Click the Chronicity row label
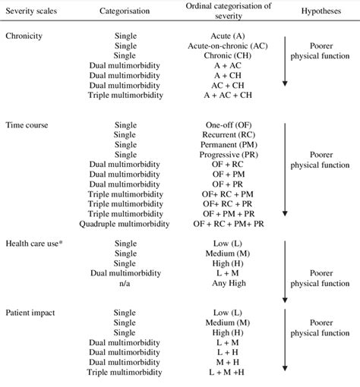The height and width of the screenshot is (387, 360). pos(24,36)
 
